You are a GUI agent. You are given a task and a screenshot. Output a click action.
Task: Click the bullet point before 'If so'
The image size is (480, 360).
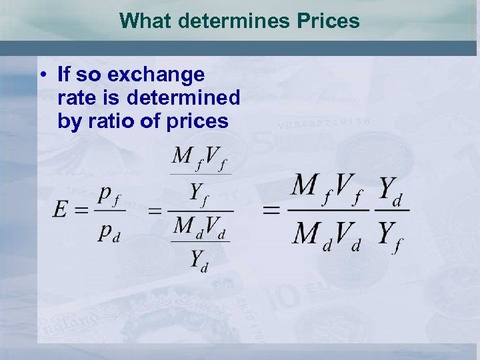pos(42,75)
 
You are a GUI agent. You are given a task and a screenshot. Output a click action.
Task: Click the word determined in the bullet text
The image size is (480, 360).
pos(183,99)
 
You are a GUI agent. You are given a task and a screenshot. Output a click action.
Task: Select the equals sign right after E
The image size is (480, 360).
pos(81,211)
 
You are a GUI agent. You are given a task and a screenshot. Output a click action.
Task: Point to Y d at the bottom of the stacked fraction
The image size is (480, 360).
pos(200,259)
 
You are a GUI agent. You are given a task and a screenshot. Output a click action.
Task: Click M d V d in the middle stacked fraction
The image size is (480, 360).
pos(201,226)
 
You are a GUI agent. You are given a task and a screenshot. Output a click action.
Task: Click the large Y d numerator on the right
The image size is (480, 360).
pos(393,189)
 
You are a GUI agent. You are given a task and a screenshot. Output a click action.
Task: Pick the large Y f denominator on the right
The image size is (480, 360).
pos(393,233)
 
